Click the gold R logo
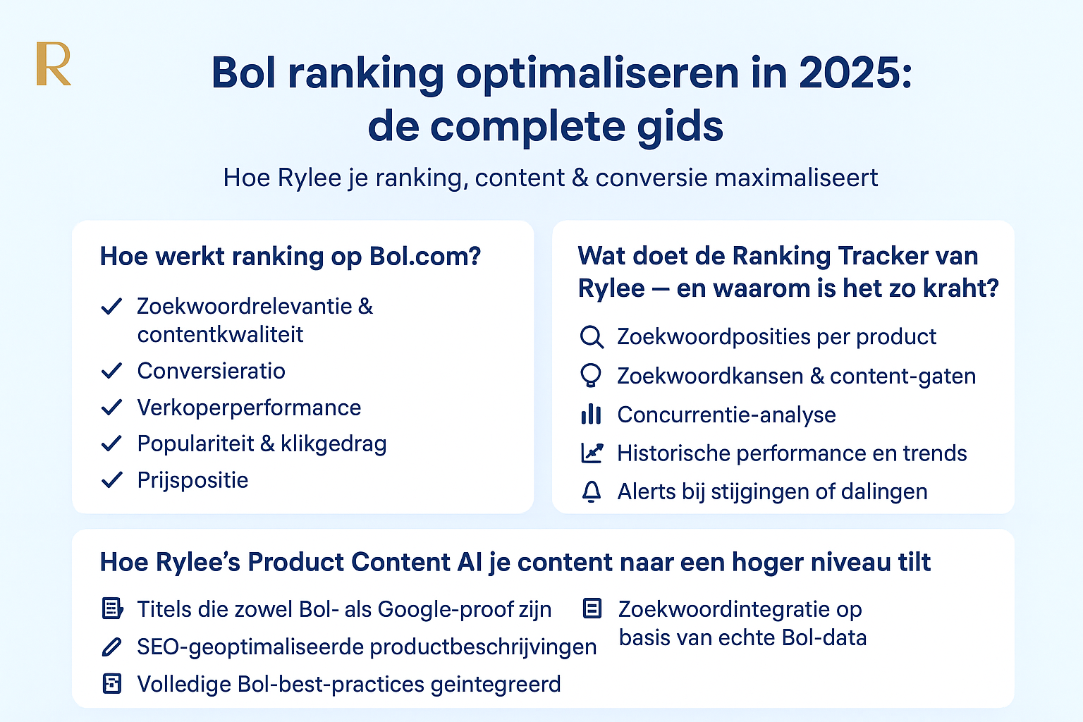(54, 64)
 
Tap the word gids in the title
(680, 127)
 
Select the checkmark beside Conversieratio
(111, 371)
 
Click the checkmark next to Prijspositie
(111, 479)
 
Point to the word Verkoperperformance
(249, 408)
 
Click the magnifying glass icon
(592, 337)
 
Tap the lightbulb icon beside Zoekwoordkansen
(591, 376)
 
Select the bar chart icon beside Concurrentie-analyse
(591, 415)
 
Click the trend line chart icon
(592, 453)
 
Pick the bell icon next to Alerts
(592, 491)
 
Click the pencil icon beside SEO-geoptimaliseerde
(111, 647)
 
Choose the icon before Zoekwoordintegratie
(592, 608)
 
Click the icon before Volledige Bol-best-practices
(111, 684)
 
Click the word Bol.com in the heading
(425, 256)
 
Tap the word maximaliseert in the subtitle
(796, 178)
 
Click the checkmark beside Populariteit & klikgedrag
(111, 443)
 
